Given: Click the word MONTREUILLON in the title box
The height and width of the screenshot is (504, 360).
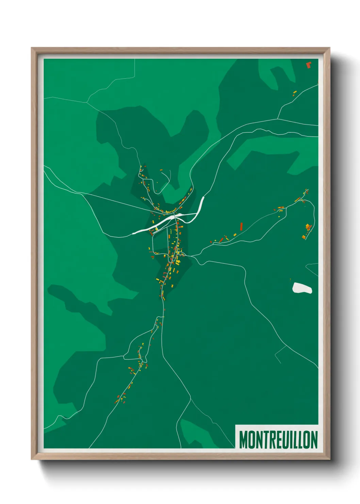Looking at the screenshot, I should tap(278, 440).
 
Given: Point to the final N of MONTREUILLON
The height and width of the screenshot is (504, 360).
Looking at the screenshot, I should tap(314, 440).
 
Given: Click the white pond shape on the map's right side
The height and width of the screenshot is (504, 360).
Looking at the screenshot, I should tap(302, 288).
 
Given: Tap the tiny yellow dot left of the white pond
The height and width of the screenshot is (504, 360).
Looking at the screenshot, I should tap(290, 280).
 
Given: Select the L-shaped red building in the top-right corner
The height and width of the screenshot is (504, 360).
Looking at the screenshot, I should tap(308, 65).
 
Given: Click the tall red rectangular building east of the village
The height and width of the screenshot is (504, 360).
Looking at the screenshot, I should tap(241, 226).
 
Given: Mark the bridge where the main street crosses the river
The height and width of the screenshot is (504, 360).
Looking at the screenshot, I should tap(175, 217).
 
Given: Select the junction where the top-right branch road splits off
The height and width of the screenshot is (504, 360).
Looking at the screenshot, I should tap(278, 119).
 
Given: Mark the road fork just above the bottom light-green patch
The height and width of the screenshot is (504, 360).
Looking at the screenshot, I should tap(190, 398).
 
